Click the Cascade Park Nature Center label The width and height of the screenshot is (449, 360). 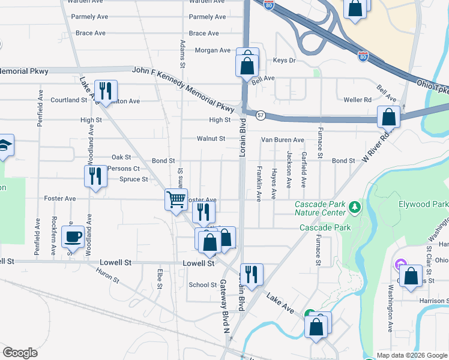[321, 208]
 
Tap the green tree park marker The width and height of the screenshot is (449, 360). [355, 208]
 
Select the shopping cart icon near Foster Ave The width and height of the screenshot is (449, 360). [176, 199]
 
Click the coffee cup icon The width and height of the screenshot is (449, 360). [73, 235]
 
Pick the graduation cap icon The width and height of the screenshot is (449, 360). [4, 146]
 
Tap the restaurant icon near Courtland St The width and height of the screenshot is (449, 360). [106, 91]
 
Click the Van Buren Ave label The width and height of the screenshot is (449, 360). [282, 140]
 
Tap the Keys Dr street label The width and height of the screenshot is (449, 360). [285, 61]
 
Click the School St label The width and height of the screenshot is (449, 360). [202, 285]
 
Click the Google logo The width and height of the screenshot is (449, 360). [20, 352]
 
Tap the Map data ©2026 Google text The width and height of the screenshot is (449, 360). [411, 355]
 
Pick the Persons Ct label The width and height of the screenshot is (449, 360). [124, 169]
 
